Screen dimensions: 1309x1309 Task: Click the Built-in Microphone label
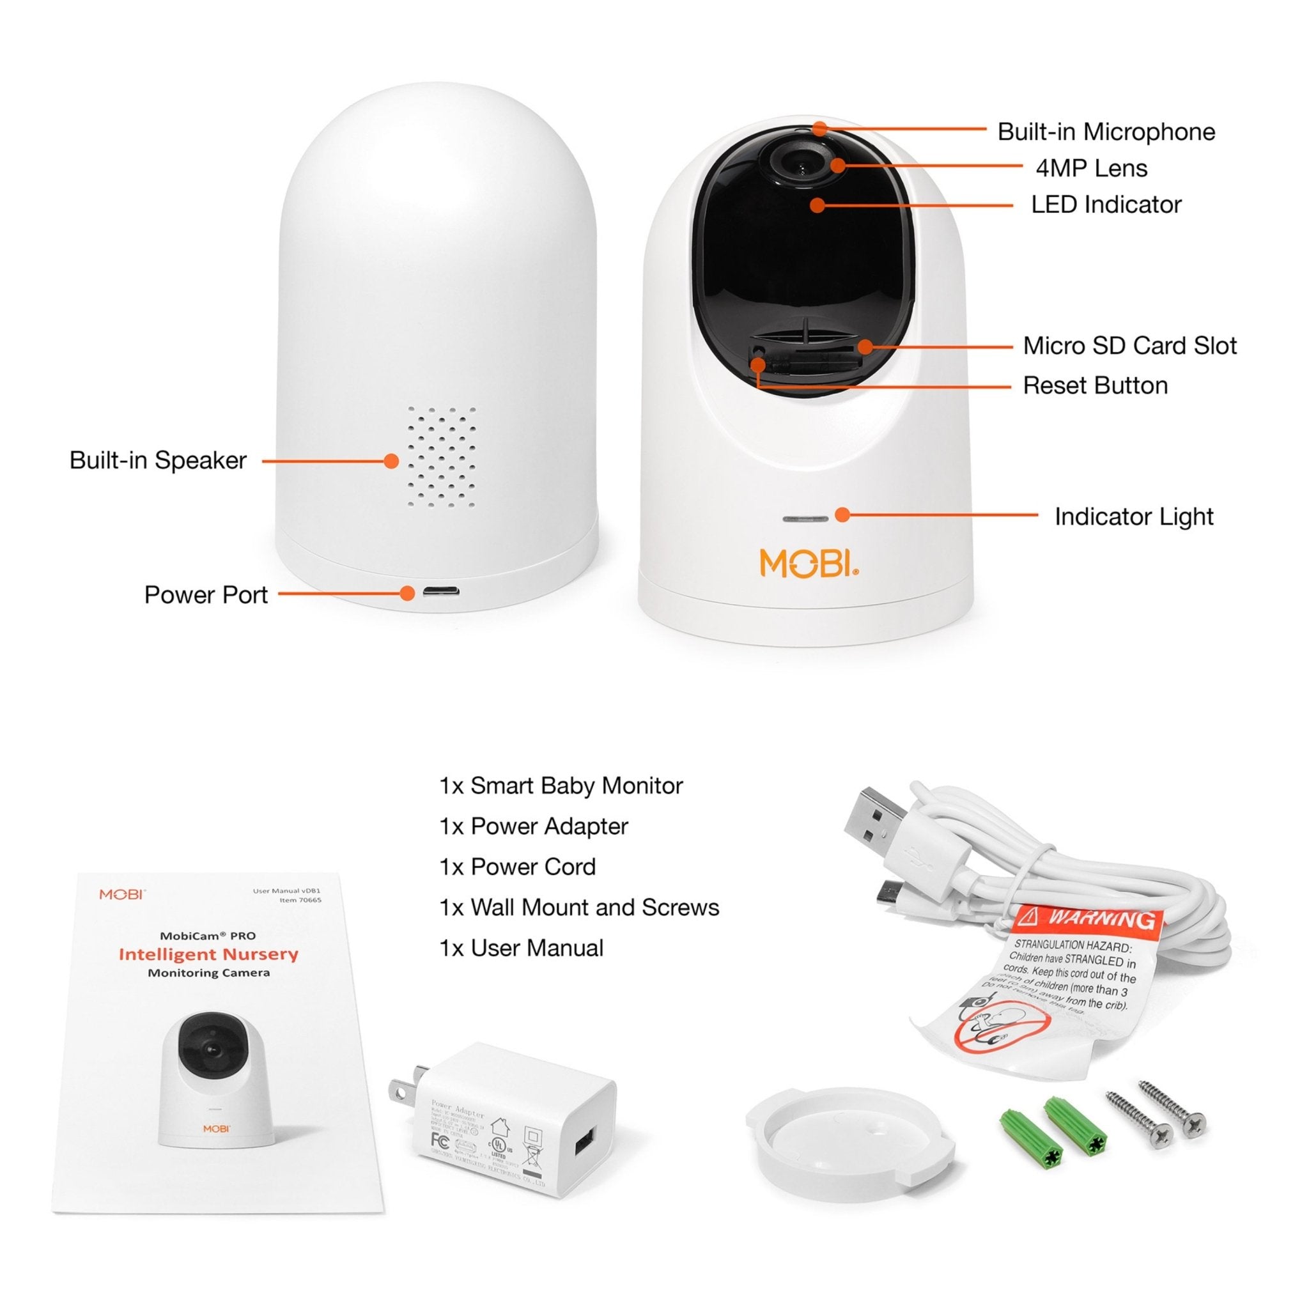[1106, 132]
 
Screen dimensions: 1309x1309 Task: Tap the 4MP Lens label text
[1091, 168]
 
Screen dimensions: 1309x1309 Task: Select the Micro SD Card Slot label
[1129, 346]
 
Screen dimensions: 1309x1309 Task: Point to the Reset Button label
[1095, 385]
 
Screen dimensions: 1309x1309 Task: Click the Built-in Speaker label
[158, 460]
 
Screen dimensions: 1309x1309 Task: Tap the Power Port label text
[206, 594]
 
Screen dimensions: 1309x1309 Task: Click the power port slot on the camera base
[440, 591]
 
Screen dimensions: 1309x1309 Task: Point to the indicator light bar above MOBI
[805, 519]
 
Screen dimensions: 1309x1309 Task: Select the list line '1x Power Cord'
[518, 867]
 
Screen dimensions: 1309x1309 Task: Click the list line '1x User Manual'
[521, 948]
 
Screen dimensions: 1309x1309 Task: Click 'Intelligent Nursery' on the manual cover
[208, 954]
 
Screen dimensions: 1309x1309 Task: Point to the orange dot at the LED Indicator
[817, 205]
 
